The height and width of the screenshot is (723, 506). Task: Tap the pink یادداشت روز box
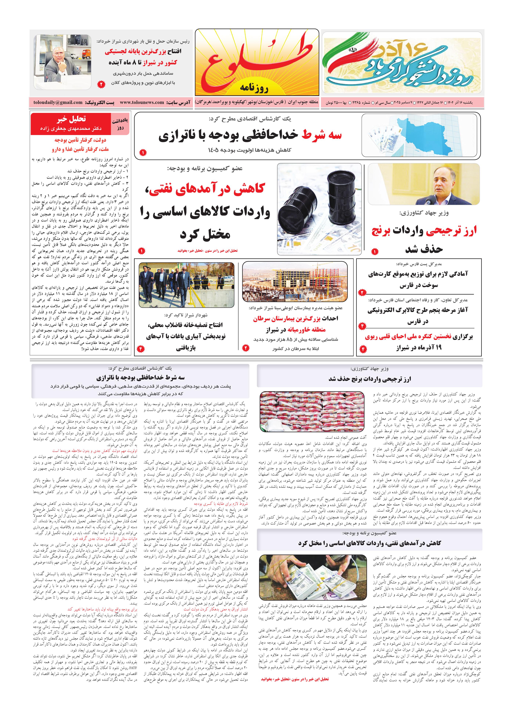point(120,124)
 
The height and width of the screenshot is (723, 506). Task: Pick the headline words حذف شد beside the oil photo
point(424,249)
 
